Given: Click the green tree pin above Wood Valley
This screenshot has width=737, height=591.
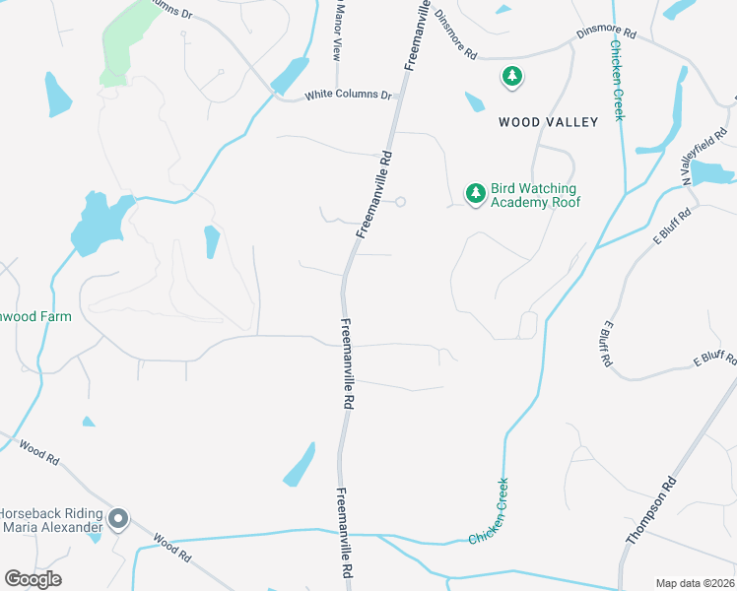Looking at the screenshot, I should click(511, 76).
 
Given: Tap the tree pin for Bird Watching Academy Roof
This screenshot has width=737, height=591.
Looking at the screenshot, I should click(476, 193).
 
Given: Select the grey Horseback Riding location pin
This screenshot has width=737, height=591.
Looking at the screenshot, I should click(118, 518).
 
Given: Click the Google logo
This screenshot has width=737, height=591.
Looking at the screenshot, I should click(33, 579).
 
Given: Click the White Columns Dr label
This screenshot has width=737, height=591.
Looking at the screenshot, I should click(348, 96).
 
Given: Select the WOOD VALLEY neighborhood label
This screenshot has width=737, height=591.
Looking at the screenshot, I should click(548, 122).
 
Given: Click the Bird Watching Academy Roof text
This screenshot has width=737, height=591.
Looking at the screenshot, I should click(533, 195).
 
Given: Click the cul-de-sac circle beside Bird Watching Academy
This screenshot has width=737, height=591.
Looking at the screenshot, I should click(400, 202).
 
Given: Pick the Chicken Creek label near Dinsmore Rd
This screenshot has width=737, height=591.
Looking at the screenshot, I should click(617, 80).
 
